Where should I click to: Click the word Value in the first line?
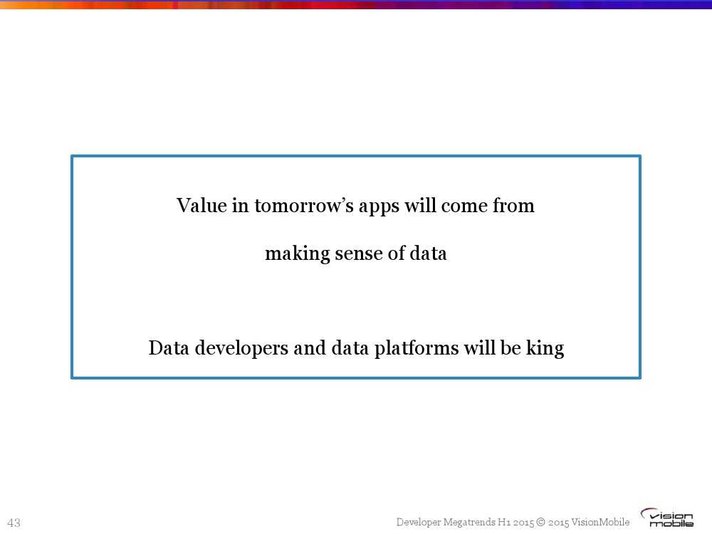click(201, 205)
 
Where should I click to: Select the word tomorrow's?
click(304, 206)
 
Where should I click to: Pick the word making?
click(298, 254)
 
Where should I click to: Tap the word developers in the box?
click(241, 349)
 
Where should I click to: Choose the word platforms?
click(417, 349)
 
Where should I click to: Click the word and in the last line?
click(310, 348)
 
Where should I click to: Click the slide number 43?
click(14, 523)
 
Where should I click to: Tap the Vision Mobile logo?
click(667, 518)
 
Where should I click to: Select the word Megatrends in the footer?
click(468, 523)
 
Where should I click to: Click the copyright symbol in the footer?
click(540, 522)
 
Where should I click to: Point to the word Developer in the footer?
click(418, 523)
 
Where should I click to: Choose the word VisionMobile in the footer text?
click(600, 522)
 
